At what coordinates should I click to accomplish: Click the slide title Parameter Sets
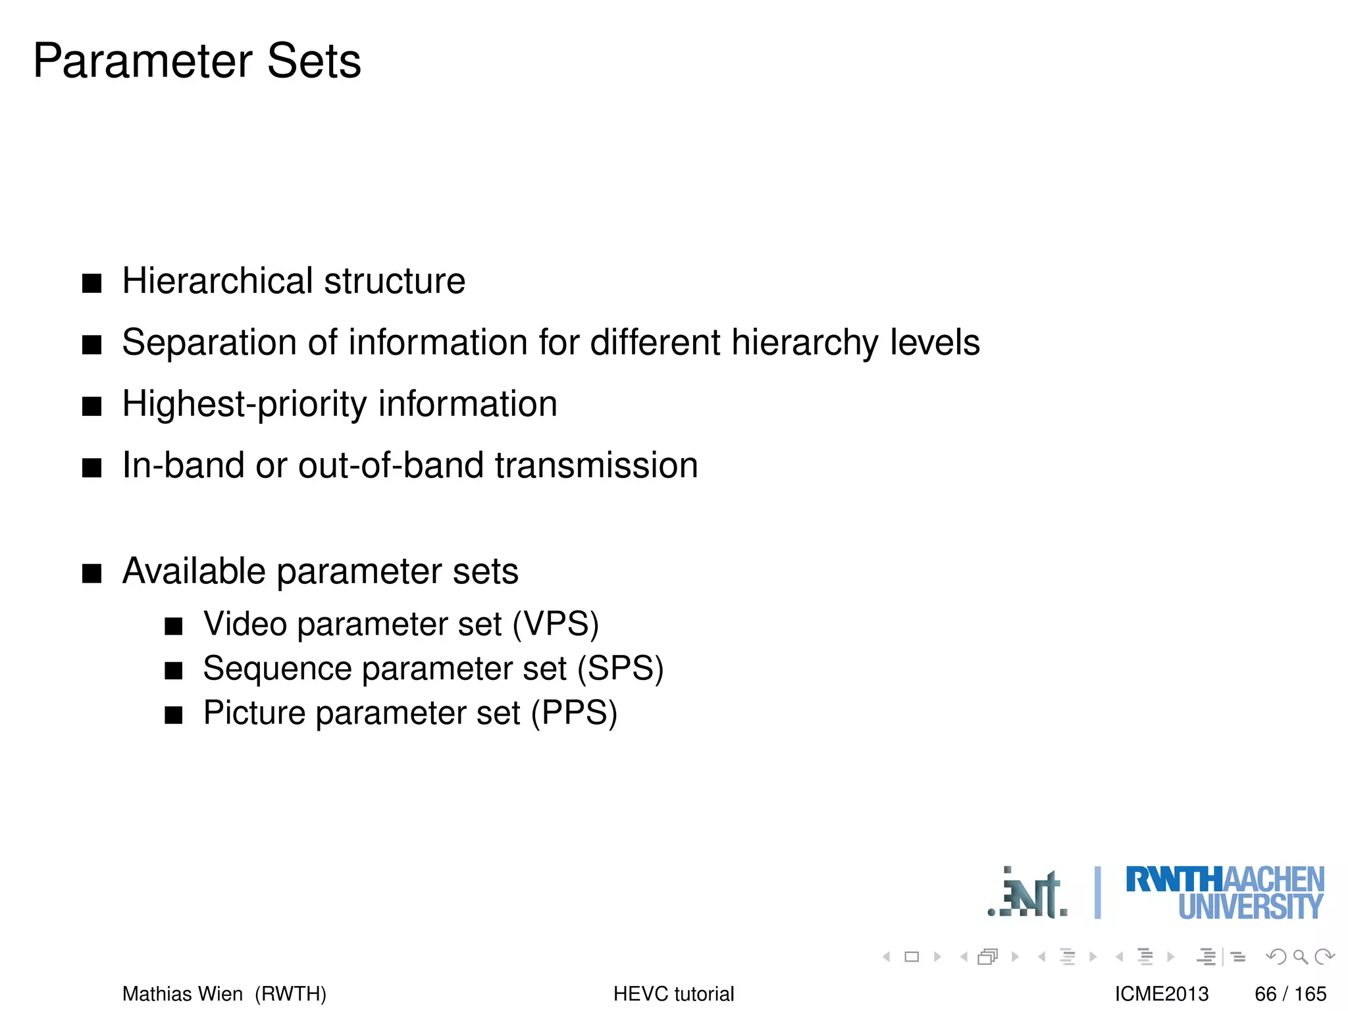click(x=197, y=61)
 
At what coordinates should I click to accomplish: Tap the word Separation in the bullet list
click(x=209, y=342)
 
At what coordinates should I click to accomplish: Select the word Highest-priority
click(x=244, y=404)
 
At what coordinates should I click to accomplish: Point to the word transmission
click(x=596, y=465)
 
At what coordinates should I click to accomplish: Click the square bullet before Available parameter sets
click(x=92, y=573)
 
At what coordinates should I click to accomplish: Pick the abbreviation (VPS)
click(x=556, y=623)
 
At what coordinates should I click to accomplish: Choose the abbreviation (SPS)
click(x=620, y=668)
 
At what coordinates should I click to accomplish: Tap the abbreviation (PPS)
click(x=574, y=713)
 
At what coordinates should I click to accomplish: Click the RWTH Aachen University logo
click(x=1224, y=893)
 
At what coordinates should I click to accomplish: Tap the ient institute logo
click(x=1028, y=894)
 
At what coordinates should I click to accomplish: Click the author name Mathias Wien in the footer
click(x=182, y=994)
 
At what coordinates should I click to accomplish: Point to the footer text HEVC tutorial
click(x=673, y=994)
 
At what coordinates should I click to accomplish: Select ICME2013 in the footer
click(x=1162, y=994)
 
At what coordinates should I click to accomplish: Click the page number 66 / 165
click(x=1290, y=994)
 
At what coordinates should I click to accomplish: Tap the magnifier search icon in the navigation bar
click(x=1300, y=956)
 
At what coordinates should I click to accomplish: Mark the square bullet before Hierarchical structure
click(x=92, y=284)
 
